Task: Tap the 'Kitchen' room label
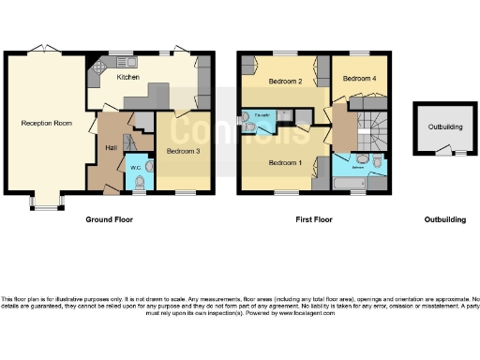(x=127, y=78)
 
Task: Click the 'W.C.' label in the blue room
(x=136, y=169)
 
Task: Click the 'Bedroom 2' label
(x=284, y=82)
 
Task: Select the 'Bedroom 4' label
(x=359, y=80)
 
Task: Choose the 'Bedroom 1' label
(x=284, y=162)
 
